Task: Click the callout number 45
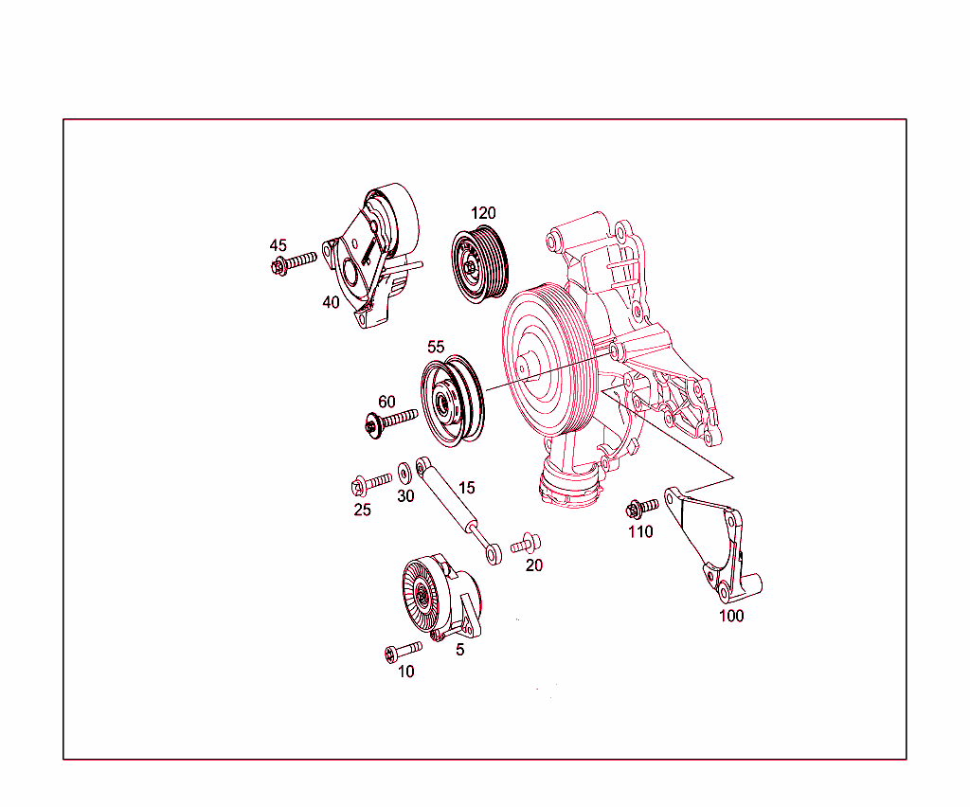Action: tap(278, 245)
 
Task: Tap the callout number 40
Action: tap(331, 303)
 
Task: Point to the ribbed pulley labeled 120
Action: tap(480, 264)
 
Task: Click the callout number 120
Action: tap(483, 213)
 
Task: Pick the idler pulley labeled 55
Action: tap(451, 402)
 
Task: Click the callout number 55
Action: tap(436, 348)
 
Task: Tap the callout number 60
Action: tap(386, 403)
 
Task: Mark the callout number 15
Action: tap(466, 488)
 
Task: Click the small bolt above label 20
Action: tap(526, 545)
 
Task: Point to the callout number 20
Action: tap(534, 565)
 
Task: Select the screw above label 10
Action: tap(404, 651)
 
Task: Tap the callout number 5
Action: tap(460, 650)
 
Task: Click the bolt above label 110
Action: tap(642, 509)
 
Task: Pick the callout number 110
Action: tap(640, 532)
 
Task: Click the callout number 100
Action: tap(731, 616)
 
